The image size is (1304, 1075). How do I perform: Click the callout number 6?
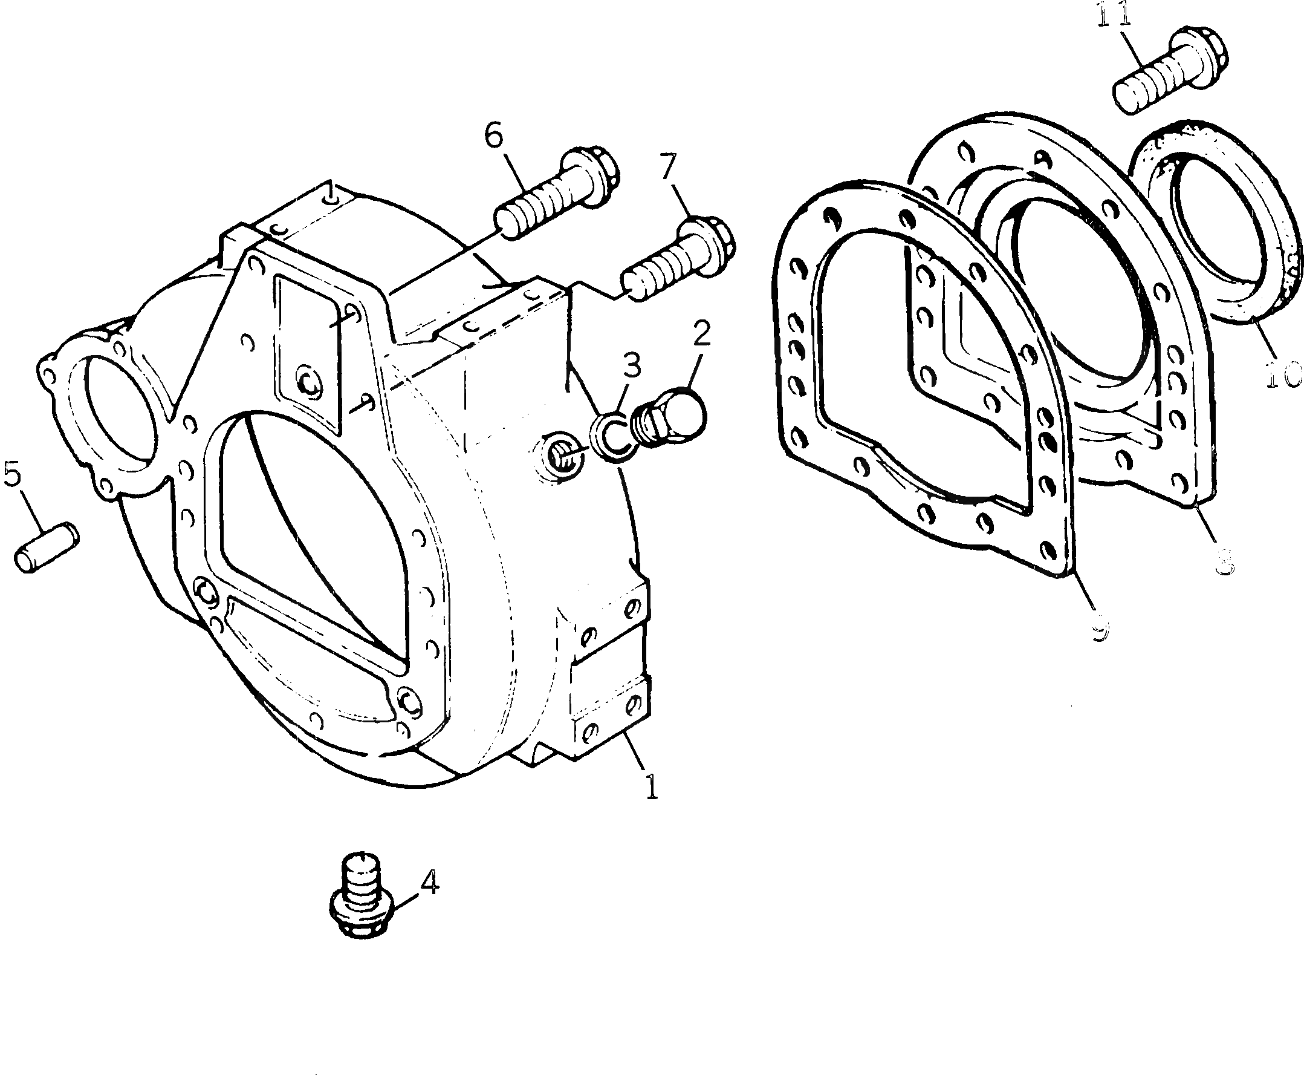coord(493,136)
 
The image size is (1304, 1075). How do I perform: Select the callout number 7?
coord(669,166)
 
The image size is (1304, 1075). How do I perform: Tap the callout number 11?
coord(1114,15)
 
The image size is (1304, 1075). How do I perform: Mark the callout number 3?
coord(631,367)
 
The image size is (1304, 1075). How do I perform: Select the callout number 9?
coord(1098,630)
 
